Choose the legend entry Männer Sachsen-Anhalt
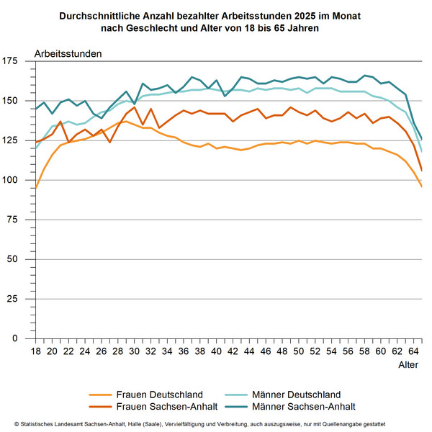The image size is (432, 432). (x=303, y=406)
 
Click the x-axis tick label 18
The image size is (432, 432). (x=35, y=351)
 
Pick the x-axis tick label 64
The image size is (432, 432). (x=413, y=351)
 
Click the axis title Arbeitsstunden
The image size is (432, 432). (x=68, y=53)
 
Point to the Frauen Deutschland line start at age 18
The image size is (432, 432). (x=36, y=188)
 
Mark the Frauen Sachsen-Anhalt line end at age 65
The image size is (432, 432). (x=421, y=171)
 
